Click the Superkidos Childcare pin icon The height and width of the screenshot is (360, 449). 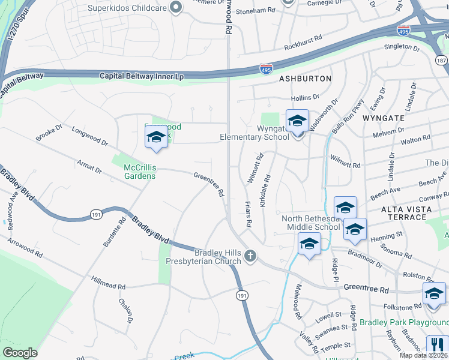click(x=176, y=8)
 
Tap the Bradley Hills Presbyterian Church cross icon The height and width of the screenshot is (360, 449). click(x=250, y=257)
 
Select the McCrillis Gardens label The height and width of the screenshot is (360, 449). click(x=140, y=172)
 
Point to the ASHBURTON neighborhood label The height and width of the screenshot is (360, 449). click(x=305, y=79)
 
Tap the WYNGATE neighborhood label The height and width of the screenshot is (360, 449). click(x=384, y=118)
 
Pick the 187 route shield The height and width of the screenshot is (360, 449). click(x=442, y=61)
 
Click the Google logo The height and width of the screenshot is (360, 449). click(x=20, y=352)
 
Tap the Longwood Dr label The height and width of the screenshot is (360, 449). click(x=89, y=136)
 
